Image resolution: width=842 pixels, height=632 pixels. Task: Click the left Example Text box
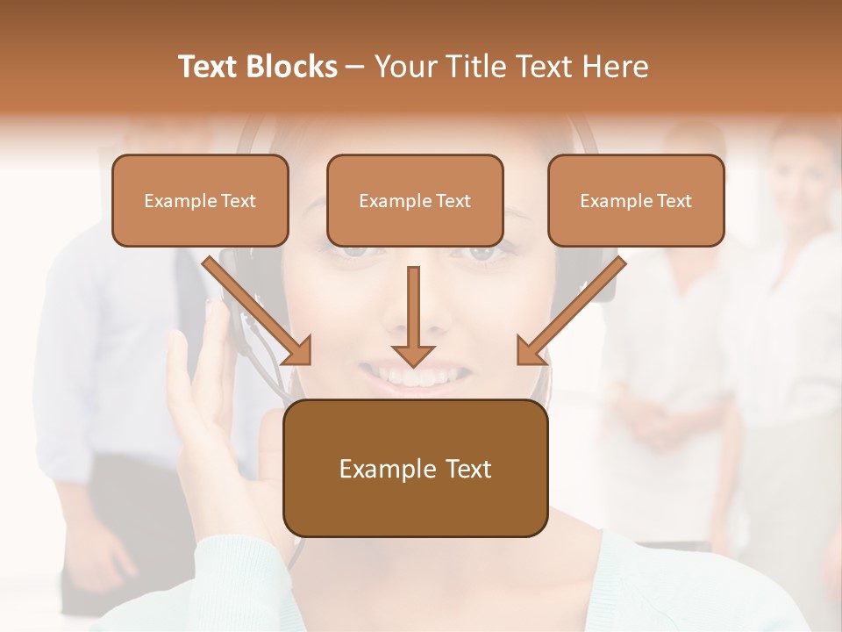click(200, 200)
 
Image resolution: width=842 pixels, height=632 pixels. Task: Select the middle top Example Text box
click(415, 200)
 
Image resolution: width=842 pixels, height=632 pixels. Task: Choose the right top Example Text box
click(636, 200)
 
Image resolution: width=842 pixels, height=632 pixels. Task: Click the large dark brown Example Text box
click(415, 468)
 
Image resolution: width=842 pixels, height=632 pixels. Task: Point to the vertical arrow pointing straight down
click(413, 316)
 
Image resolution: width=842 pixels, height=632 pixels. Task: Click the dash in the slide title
click(355, 67)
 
